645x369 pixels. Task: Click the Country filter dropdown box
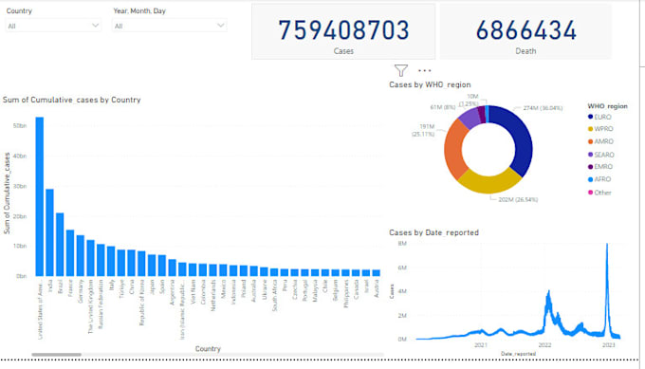pos(53,26)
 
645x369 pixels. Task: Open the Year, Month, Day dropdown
pos(170,26)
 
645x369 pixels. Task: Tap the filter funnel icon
pos(401,69)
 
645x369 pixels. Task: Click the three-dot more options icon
pos(424,69)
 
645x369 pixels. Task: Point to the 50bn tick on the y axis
pos(19,124)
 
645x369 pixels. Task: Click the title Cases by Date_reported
pos(433,232)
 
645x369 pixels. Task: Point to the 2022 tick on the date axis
pos(545,345)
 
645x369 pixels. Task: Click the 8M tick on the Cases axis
pos(402,244)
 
